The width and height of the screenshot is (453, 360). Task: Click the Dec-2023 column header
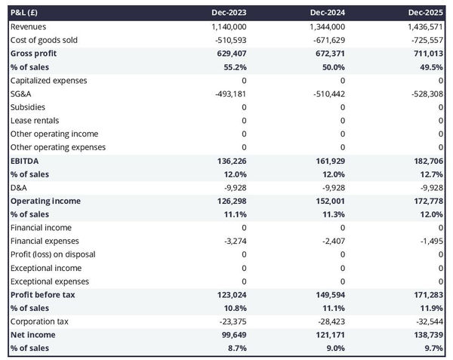(x=230, y=13)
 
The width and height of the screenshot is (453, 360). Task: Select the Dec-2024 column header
(x=328, y=13)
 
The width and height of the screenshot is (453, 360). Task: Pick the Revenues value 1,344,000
(x=325, y=26)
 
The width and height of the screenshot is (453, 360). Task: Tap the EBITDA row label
(x=24, y=161)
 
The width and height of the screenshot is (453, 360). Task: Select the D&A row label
(x=20, y=188)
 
